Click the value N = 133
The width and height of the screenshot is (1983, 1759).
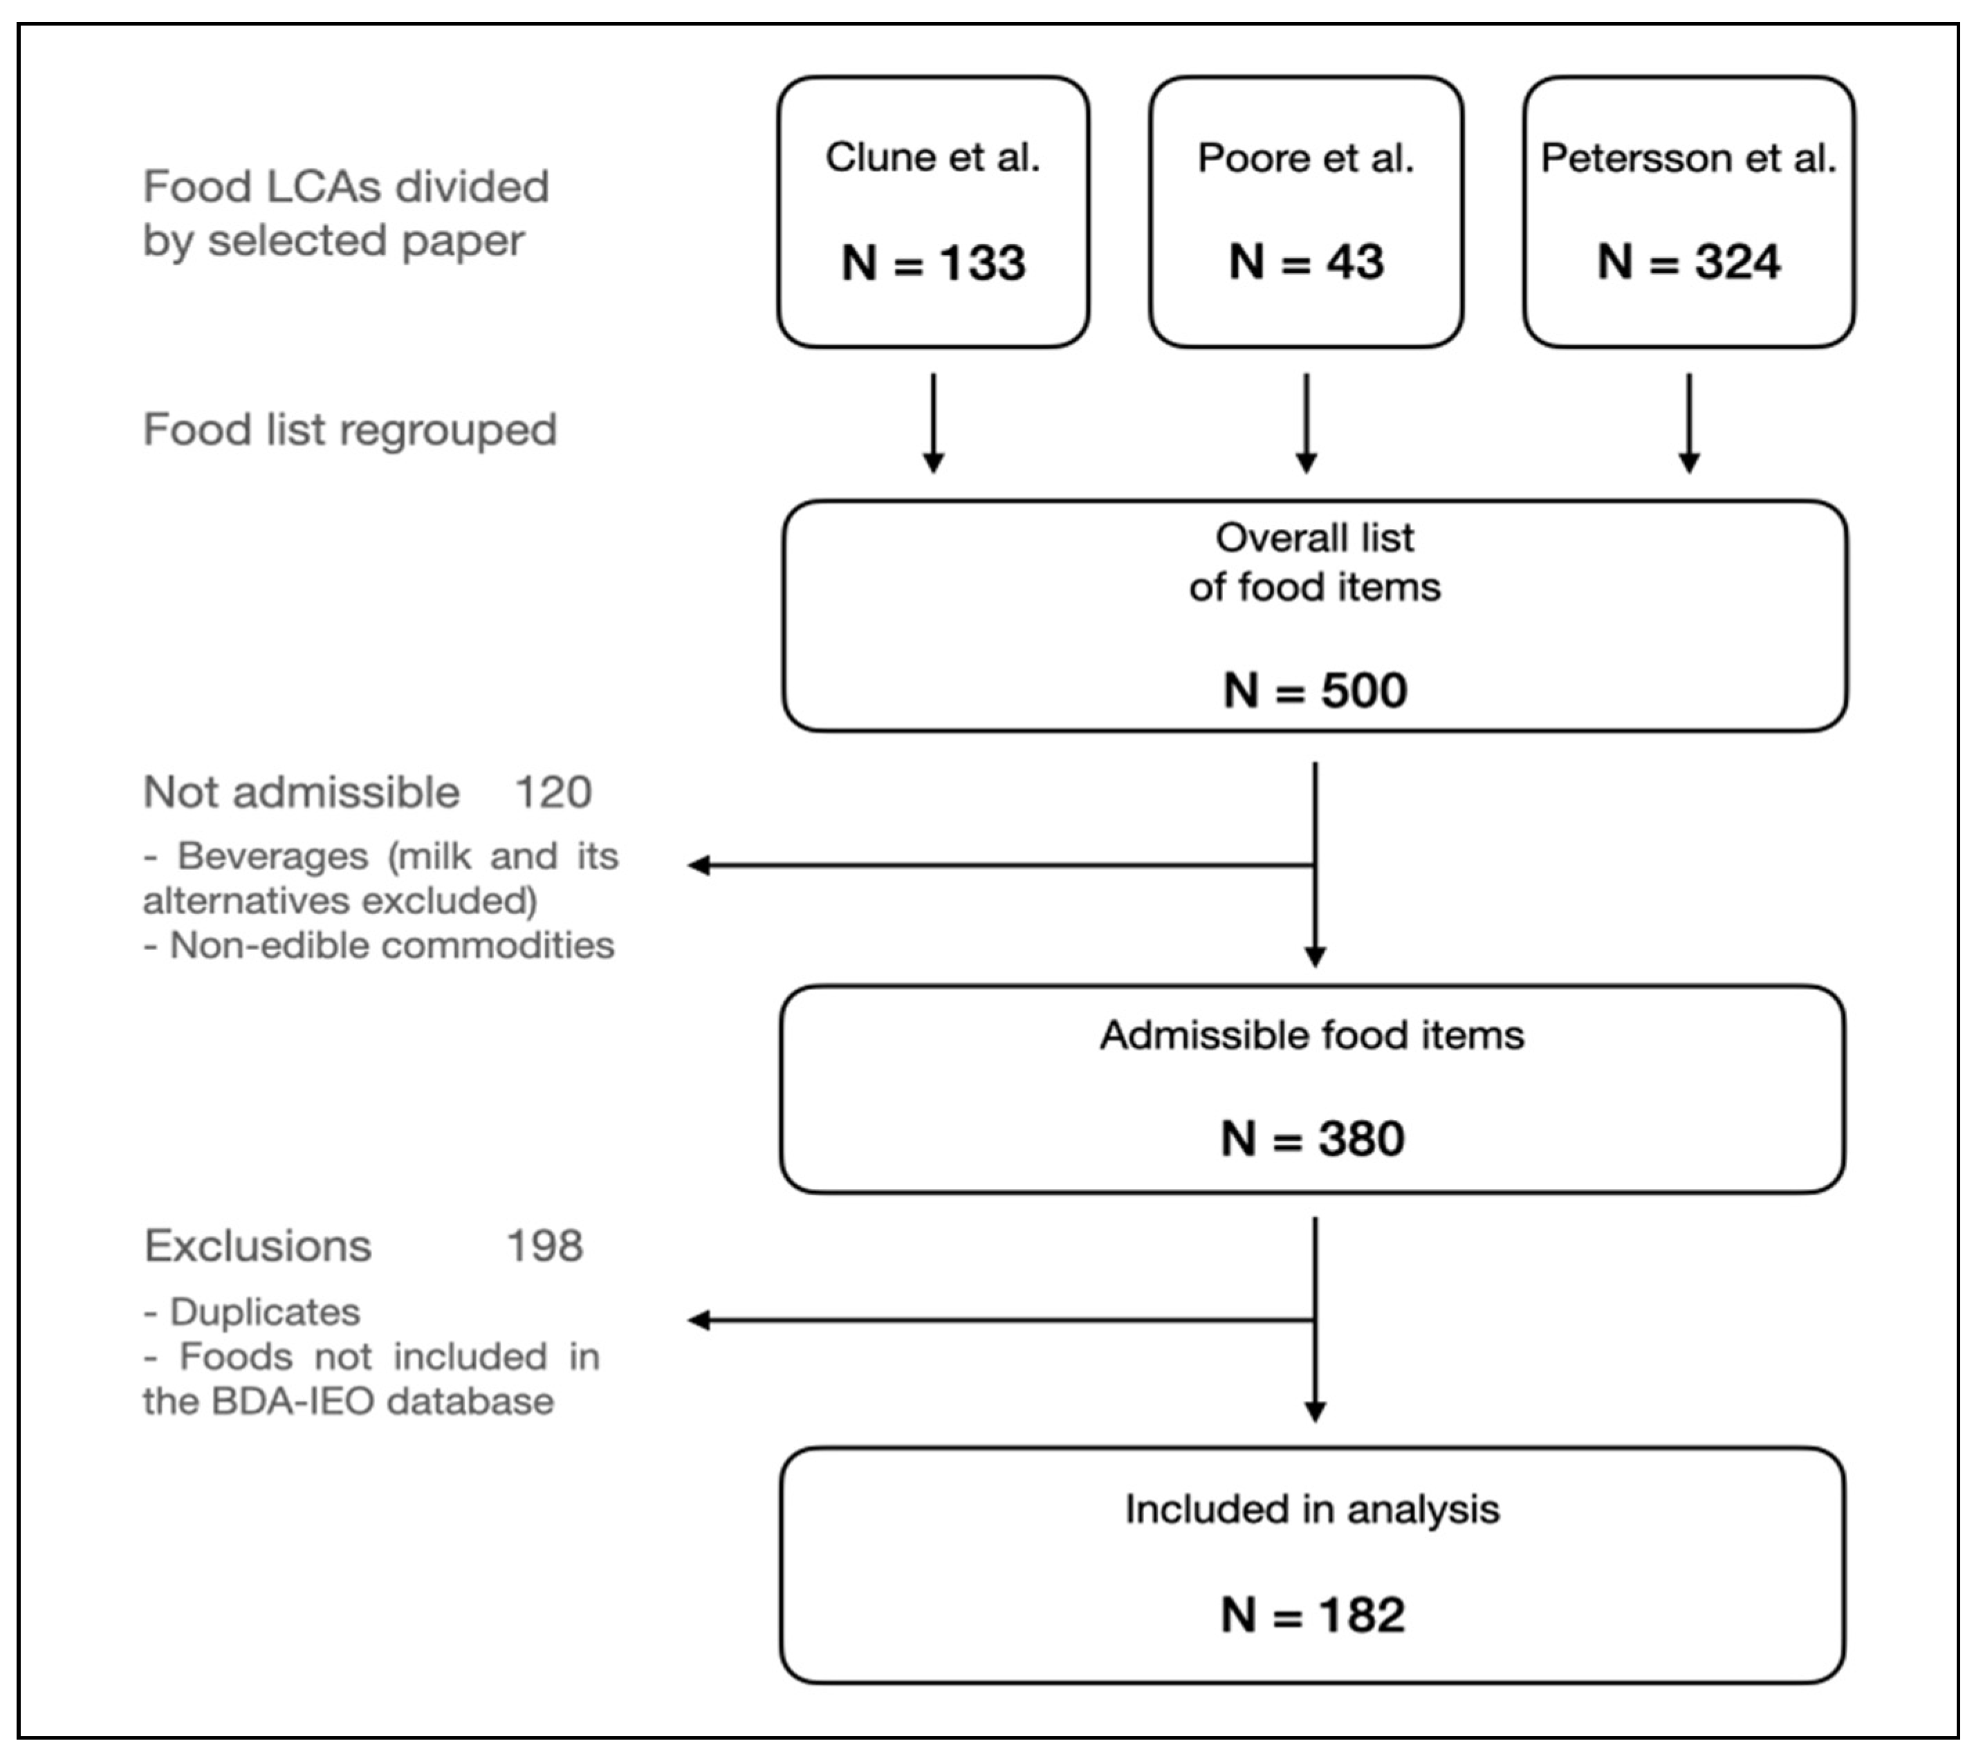pyautogui.click(x=932, y=263)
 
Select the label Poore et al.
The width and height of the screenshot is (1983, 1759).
pyautogui.click(x=1305, y=158)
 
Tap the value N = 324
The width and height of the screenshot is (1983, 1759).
pyautogui.click(x=1688, y=262)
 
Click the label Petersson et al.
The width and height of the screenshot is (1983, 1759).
pyautogui.click(x=1688, y=158)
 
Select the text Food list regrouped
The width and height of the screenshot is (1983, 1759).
pyautogui.click(x=349, y=429)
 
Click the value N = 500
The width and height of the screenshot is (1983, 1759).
pyautogui.click(x=1315, y=691)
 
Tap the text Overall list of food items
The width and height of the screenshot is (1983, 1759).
pyautogui.click(x=1315, y=562)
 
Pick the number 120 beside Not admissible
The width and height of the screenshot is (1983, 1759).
pyautogui.click(x=553, y=792)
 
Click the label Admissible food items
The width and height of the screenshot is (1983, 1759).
pyautogui.click(x=1311, y=1036)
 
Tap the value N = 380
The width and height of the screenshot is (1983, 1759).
pyautogui.click(x=1311, y=1138)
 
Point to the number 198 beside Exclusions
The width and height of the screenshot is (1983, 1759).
pyautogui.click(x=544, y=1246)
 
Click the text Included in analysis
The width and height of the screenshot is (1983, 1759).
pyautogui.click(x=1311, y=1510)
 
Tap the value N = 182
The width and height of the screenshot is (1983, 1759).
pyautogui.click(x=1311, y=1615)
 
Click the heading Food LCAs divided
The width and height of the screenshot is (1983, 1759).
pyautogui.click(x=345, y=186)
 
